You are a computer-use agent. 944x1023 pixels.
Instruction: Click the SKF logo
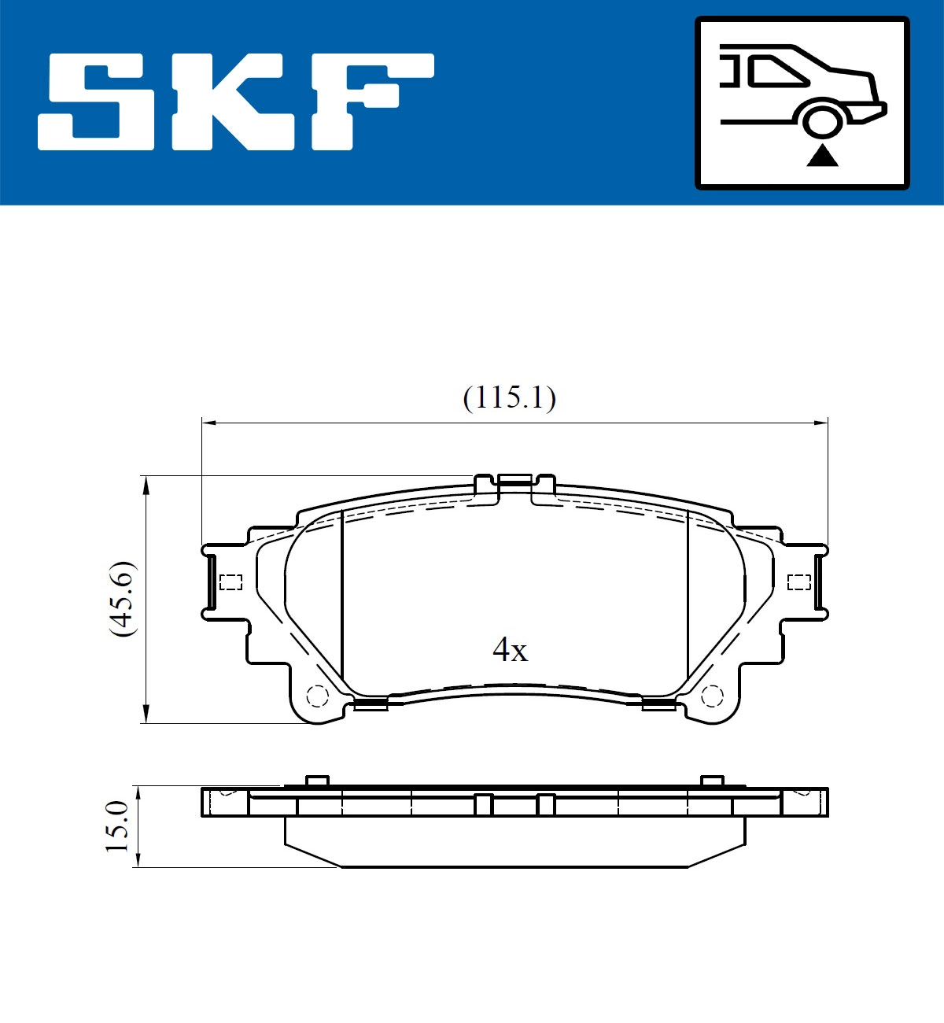tap(236, 102)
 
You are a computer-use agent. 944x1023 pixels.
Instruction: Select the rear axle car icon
tap(802, 103)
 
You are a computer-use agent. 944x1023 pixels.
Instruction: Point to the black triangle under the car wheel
tap(822, 156)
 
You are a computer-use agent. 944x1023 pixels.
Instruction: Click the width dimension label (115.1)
tap(509, 397)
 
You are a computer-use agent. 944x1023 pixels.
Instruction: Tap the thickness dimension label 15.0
tap(116, 826)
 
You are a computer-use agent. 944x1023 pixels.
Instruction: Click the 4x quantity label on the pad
tap(510, 650)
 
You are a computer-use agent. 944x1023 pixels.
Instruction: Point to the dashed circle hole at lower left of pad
tap(317, 696)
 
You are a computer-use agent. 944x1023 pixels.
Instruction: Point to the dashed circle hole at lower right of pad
tap(711, 696)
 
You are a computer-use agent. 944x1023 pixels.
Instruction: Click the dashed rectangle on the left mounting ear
tap(230, 582)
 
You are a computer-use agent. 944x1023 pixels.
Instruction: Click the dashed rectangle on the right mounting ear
tap(798, 582)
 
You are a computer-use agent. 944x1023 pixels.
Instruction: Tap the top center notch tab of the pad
tap(515, 479)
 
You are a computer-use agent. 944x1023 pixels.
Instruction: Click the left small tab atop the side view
tap(316, 781)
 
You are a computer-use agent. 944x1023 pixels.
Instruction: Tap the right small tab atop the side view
tap(711, 781)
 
